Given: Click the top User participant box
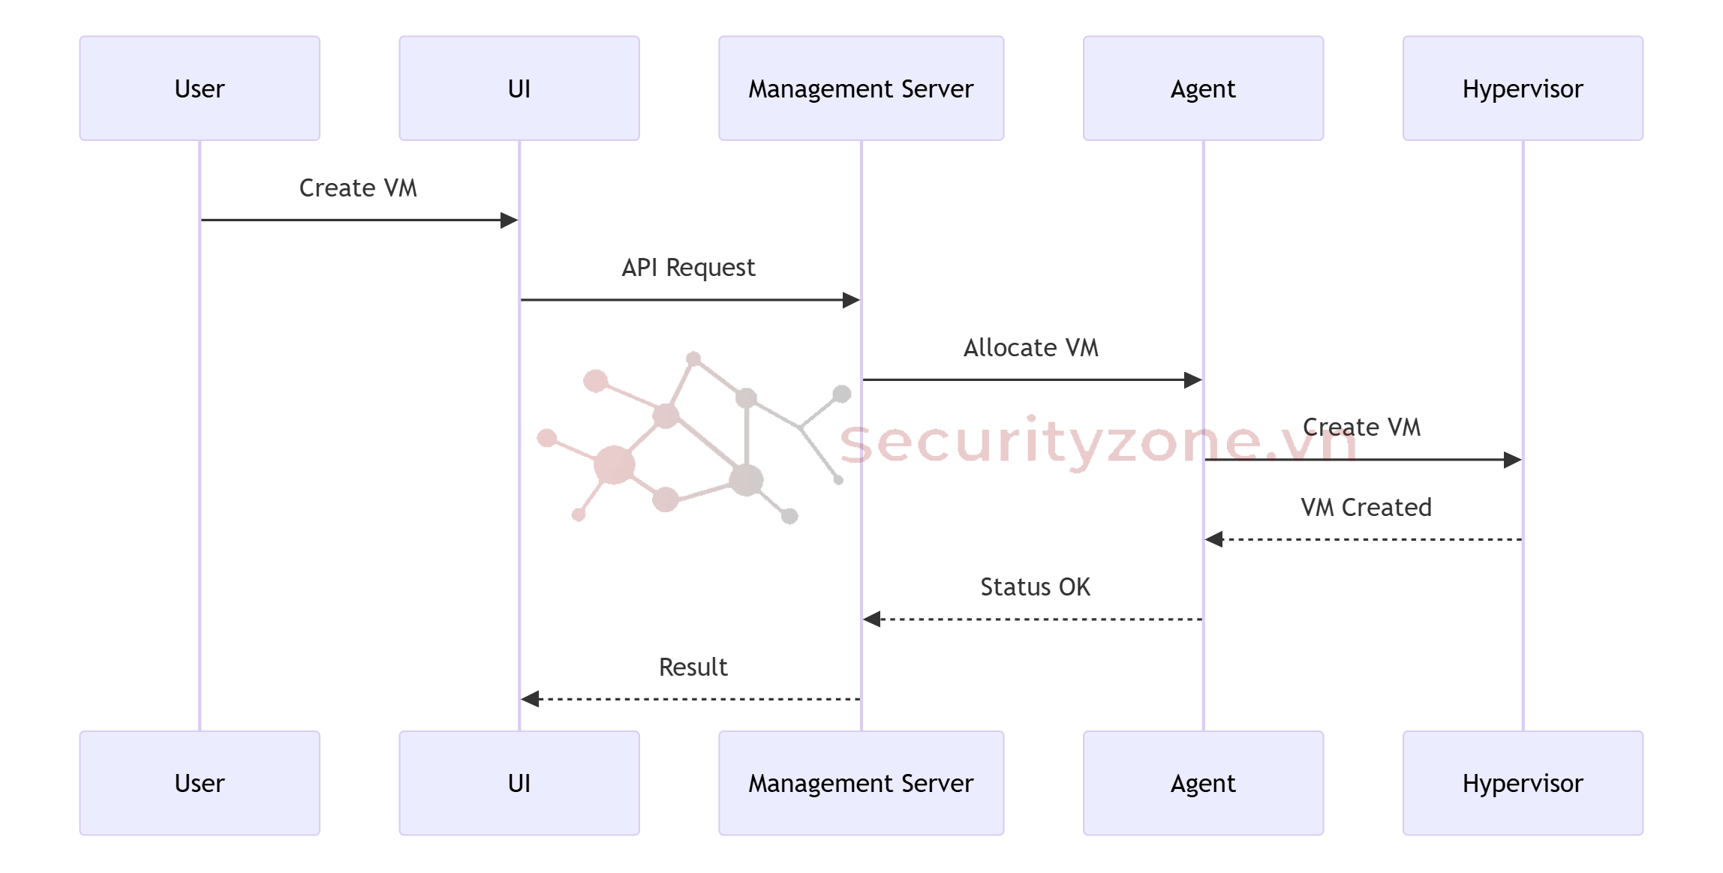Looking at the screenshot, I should point(200,88).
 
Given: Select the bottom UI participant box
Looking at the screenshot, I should point(519,783).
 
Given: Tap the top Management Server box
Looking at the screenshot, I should point(861,88).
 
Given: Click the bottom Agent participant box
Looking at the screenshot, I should point(1203,783).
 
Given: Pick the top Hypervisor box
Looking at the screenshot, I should point(1523,88).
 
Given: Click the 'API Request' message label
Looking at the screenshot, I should point(688,268).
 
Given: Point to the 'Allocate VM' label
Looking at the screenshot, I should point(1031,348).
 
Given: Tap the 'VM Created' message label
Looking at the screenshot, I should point(1366,508).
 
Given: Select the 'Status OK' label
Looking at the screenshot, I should point(1035,587).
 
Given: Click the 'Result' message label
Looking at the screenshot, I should point(693,667).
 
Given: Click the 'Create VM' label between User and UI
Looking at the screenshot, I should point(358,188).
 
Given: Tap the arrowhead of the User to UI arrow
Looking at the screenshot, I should point(510,220).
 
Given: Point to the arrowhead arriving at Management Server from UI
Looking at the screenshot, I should point(851,301).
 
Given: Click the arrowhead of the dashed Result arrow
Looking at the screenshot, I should point(531,699).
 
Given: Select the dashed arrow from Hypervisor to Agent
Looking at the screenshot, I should point(1366,539).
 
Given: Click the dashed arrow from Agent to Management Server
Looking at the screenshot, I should point(1036,619).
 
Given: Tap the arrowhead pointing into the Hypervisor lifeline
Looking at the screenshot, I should point(1513,460).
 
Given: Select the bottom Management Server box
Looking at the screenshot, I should point(861,783).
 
